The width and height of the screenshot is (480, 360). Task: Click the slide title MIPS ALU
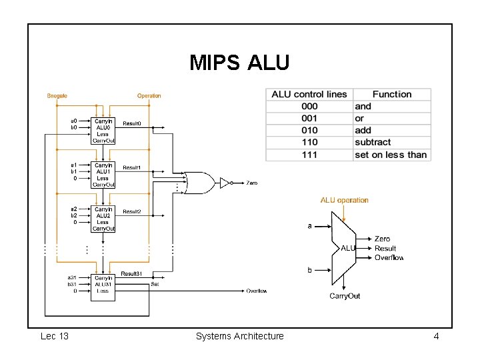click(239, 63)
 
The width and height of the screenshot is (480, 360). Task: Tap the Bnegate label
click(57, 96)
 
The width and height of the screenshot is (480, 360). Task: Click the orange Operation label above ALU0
click(149, 96)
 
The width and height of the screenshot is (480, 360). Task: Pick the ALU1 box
click(103, 175)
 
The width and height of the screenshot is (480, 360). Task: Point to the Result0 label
click(131, 124)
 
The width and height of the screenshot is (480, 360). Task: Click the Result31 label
click(131, 274)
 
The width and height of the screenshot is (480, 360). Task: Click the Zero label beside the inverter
click(251, 183)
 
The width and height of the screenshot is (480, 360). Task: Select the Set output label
click(155, 285)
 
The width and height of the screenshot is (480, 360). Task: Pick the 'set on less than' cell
click(391, 155)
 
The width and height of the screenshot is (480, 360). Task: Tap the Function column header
click(392, 95)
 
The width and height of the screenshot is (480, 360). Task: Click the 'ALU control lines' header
click(309, 95)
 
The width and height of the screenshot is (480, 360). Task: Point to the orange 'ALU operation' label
click(344, 200)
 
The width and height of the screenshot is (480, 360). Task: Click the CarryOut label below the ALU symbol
click(345, 296)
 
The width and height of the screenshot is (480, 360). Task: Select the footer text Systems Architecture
click(239, 336)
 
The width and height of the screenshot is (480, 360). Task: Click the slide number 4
click(436, 336)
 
